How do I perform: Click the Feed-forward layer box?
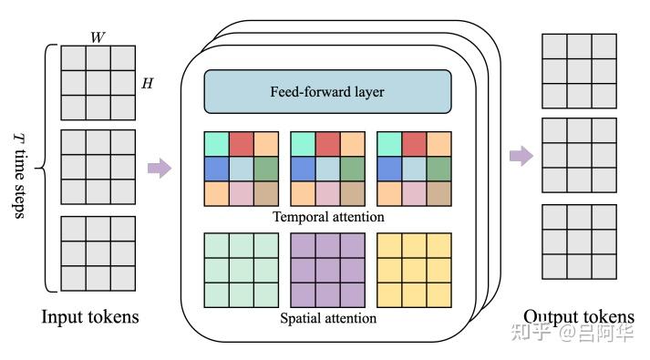[328, 92]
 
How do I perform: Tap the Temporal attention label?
[328, 217]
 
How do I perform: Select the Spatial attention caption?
[328, 318]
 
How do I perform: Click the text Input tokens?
[90, 317]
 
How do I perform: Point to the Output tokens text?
[579, 317]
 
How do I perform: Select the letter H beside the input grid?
[146, 84]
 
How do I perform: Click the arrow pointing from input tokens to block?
[160, 169]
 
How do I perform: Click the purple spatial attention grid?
[327, 271]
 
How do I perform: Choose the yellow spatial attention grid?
[414, 271]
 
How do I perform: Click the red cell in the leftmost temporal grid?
[241, 144]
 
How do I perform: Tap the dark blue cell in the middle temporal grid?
[303, 169]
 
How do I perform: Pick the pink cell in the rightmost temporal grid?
[414, 193]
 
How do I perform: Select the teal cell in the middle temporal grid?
[303, 144]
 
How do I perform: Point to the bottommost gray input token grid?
[97, 253]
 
